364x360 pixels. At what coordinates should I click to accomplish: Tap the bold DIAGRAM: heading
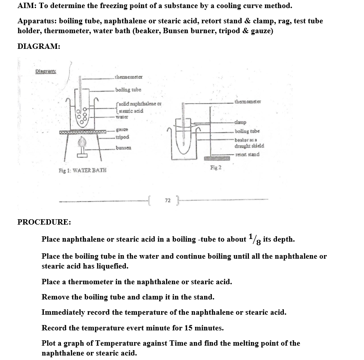tap(39, 46)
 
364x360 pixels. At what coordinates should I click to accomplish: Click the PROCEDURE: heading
tap(43, 222)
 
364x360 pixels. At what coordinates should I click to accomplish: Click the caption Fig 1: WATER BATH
tap(81, 171)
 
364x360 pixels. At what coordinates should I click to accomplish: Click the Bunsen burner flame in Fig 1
tap(82, 143)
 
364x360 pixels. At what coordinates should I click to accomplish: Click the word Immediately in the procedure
tap(64, 312)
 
